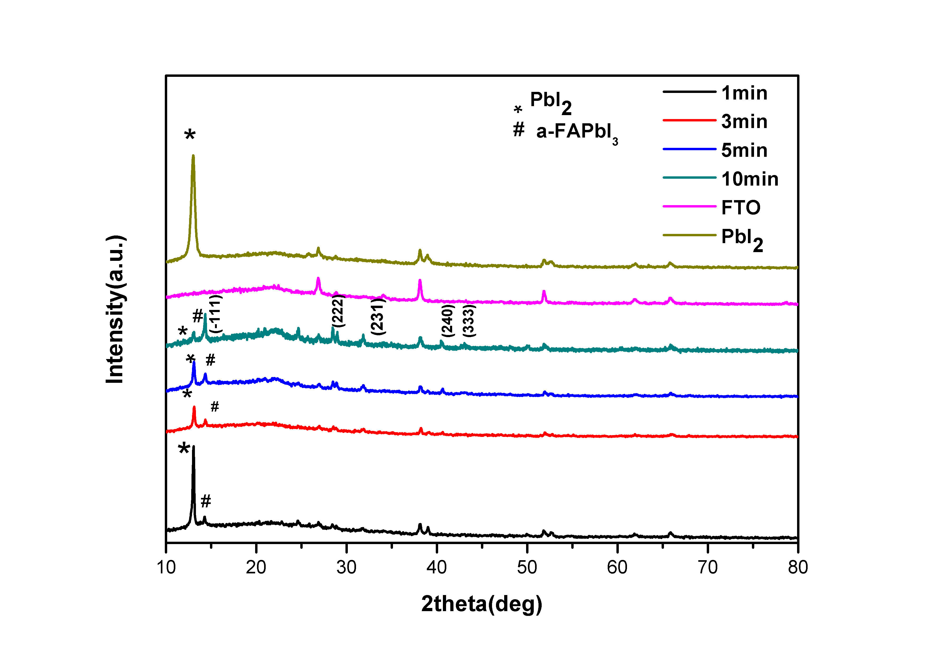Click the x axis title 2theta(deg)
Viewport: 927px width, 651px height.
point(482,604)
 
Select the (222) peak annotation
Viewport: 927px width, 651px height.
point(338,311)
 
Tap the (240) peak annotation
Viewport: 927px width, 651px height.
point(448,320)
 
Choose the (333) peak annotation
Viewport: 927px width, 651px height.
point(469,320)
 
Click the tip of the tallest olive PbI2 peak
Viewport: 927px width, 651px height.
point(193,156)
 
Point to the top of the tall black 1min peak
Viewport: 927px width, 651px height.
point(193,446)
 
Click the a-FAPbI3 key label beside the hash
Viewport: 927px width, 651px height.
point(577,132)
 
